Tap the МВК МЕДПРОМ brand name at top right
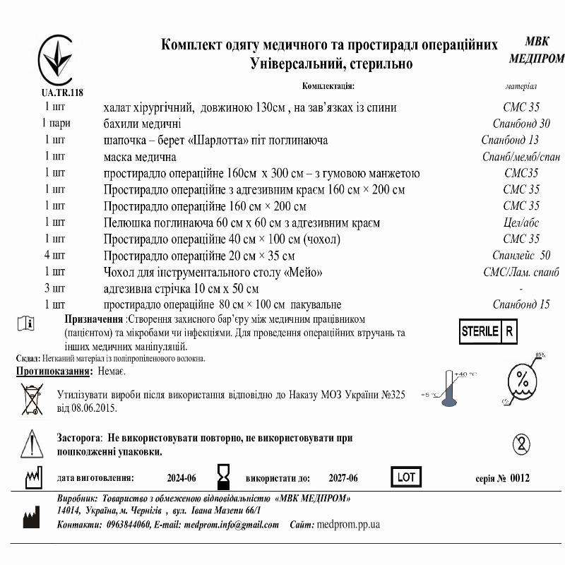coord(536,50)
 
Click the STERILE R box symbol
coord(487,331)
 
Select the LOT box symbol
coord(406,477)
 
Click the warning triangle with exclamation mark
coord(28,443)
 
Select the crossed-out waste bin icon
coord(32,400)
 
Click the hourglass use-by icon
coord(225,477)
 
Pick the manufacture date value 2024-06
coord(182,479)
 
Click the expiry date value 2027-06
coord(343,479)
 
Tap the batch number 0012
coord(519,479)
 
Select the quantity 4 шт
coord(55,256)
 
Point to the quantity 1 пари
coord(54,124)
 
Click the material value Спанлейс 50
coord(521,256)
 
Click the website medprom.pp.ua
coord(349,525)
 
